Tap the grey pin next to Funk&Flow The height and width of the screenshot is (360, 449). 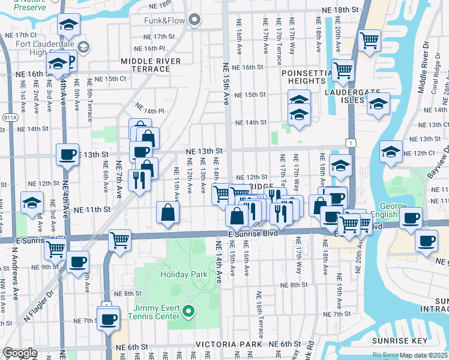coord(193,22)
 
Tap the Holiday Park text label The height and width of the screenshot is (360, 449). coord(184,274)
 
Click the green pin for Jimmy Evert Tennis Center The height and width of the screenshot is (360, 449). coord(188,311)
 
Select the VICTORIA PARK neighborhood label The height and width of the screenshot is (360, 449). coord(229,345)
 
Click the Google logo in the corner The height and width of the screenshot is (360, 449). coord(20,353)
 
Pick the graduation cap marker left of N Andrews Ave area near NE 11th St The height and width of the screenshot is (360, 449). coord(31,203)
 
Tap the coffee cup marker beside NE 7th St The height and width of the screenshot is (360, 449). coord(109,318)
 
